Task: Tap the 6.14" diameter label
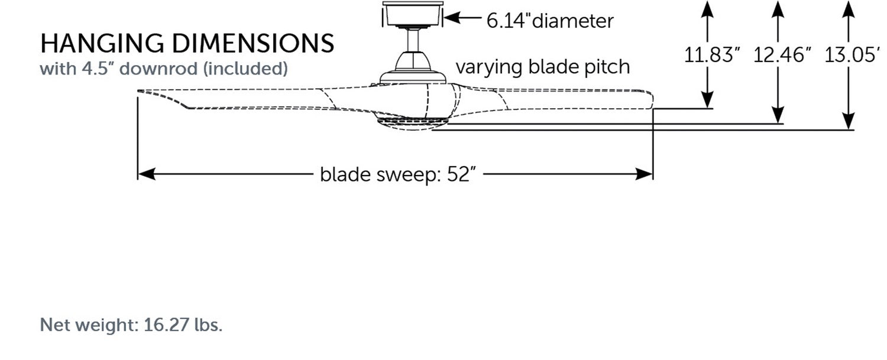point(550,21)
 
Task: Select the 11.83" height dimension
point(713,56)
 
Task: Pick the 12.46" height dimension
point(782,56)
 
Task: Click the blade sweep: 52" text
point(398,174)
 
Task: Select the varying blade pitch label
point(542,67)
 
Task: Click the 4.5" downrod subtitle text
point(164,69)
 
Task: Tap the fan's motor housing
point(412,68)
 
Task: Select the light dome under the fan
point(412,124)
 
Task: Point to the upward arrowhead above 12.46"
point(778,8)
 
